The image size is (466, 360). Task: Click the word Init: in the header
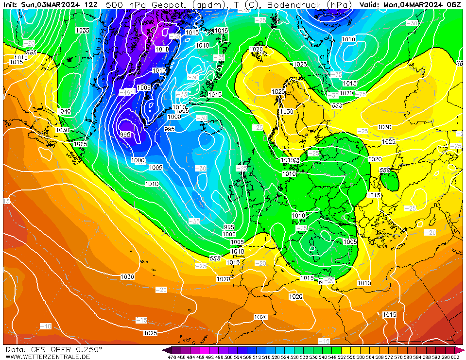11,4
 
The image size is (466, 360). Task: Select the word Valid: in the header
370,4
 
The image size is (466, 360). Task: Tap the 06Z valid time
453,4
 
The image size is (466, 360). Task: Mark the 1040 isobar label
63,112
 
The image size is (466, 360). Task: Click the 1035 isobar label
82,31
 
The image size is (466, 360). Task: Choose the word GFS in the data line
35,349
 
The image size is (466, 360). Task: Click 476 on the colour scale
172,357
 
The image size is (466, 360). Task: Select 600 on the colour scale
455,357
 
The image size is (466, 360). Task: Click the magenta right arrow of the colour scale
462,350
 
